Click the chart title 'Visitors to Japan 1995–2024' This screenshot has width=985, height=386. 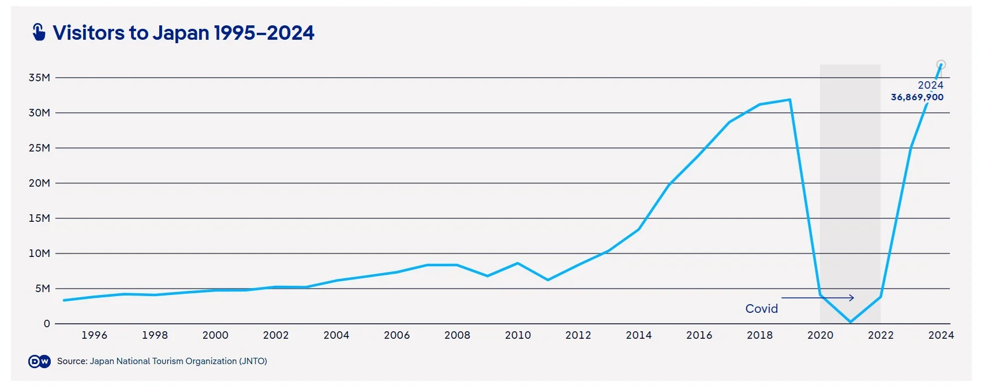183,33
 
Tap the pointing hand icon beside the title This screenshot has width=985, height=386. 39,32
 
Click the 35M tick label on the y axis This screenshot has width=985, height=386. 39,78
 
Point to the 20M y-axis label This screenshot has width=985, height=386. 39,183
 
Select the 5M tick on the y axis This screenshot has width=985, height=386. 42,289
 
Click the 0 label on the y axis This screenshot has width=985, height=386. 47,324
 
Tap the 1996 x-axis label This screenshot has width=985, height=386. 94,335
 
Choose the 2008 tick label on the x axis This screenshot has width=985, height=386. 457,335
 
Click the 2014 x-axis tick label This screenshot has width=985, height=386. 638,335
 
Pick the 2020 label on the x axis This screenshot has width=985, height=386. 820,335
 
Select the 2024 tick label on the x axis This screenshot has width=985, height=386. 941,335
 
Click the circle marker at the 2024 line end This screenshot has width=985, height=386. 941,65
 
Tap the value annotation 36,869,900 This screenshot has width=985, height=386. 917,97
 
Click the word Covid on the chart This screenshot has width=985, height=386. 761,309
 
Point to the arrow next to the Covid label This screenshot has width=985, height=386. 817,298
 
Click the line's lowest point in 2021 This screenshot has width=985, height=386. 851,322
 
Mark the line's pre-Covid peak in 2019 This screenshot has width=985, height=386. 789,100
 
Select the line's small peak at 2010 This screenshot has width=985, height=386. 518,263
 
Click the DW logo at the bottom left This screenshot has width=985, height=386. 39,361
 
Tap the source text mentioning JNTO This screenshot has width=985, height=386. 162,361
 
